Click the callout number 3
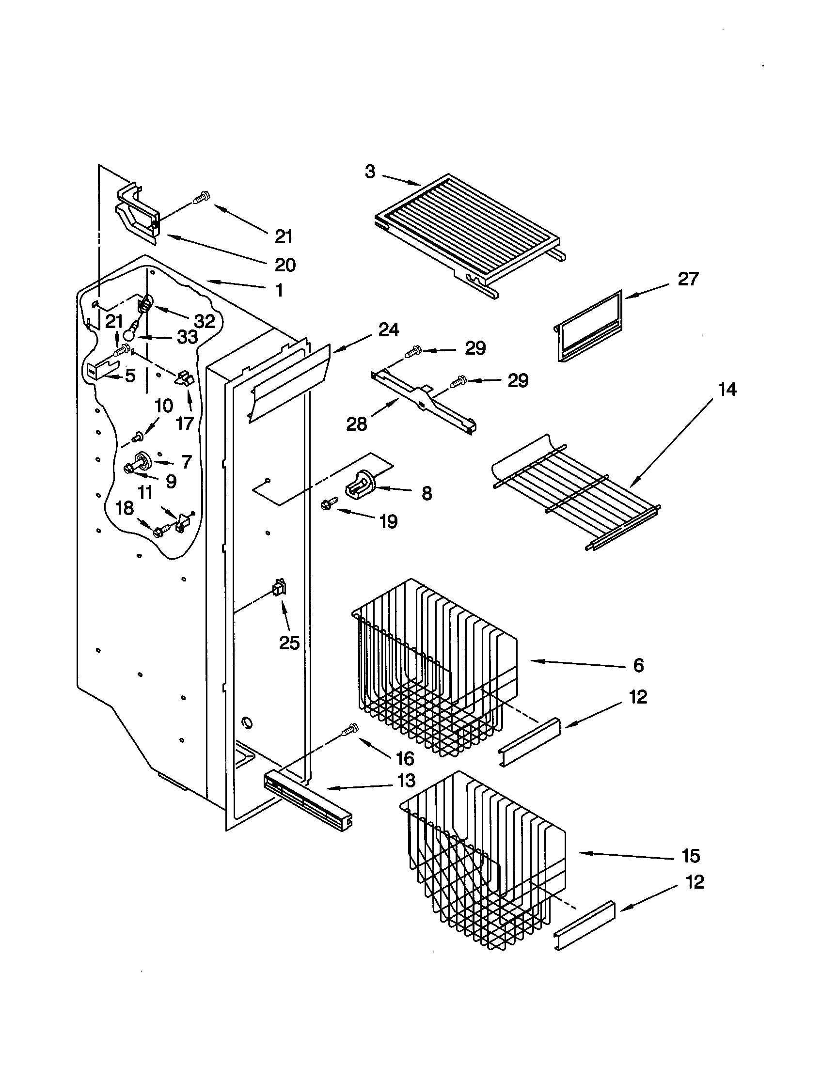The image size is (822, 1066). pyautogui.click(x=370, y=172)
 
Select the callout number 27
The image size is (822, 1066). pyautogui.click(x=688, y=279)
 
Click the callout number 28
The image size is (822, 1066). pyautogui.click(x=356, y=424)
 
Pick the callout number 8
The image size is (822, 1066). pyautogui.click(x=427, y=493)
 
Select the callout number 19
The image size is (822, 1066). pyautogui.click(x=389, y=522)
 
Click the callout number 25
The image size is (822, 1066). pyautogui.click(x=289, y=643)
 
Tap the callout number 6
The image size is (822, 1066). pyautogui.click(x=638, y=665)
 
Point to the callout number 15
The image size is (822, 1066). pyautogui.click(x=691, y=856)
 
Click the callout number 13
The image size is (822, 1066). pyautogui.click(x=406, y=781)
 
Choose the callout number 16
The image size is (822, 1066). pyautogui.click(x=405, y=758)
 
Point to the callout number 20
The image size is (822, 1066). pyautogui.click(x=285, y=265)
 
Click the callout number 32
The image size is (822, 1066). pyautogui.click(x=205, y=321)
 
